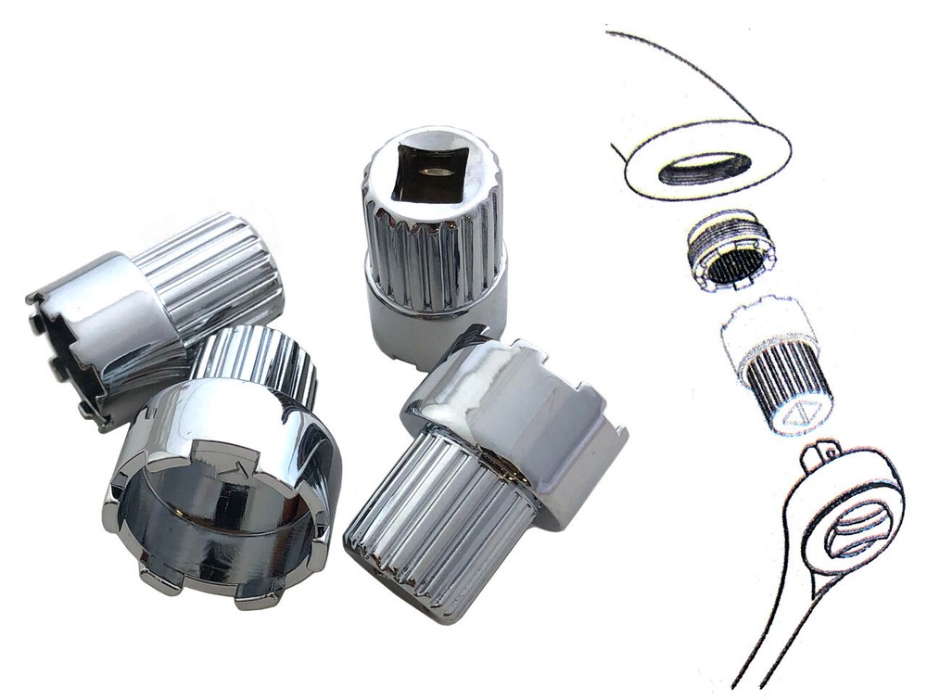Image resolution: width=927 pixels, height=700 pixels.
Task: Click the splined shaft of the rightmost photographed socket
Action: [436, 519]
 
